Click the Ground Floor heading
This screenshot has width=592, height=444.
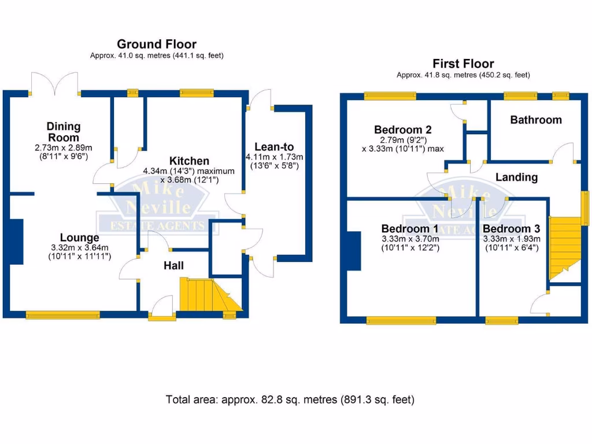(x=157, y=44)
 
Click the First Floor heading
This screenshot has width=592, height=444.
(x=463, y=64)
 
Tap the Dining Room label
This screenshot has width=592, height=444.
(x=64, y=132)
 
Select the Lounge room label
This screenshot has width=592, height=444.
(x=80, y=238)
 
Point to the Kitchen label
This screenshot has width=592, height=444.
(x=189, y=161)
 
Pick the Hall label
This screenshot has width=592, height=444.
(x=173, y=265)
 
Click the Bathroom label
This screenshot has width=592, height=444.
(x=535, y=120)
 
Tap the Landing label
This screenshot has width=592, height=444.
(x=516, y=177)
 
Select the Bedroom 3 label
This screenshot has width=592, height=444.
(x=511, y=228)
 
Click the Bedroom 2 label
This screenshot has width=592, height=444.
(x=402, y=129)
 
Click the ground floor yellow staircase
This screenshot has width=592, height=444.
(x=208, y=294)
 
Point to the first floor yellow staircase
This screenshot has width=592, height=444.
(x=564, y=246)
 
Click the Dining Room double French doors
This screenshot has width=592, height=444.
(x=54, y=84)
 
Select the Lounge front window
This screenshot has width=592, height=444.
(x=62, y=315)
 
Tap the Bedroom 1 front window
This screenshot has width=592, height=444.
(x=401, y=320)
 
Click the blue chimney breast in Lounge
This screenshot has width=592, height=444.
(x=16, y=241)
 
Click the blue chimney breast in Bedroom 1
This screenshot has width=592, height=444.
(x=353, y=250)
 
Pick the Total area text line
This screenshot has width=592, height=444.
(x=290, y=399)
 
